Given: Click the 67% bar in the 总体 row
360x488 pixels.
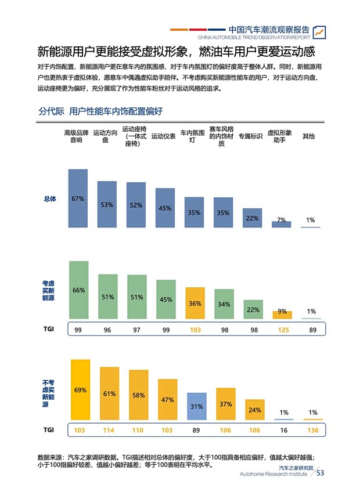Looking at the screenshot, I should coord(78,198).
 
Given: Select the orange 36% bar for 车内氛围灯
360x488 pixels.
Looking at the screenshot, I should coord(195,302).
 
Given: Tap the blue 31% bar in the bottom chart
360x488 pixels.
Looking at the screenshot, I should coord(196,406).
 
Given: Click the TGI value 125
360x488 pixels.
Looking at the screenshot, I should coord(282,329).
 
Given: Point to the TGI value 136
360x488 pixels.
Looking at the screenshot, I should coord(313,430).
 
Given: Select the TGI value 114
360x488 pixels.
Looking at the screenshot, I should coord(109,430).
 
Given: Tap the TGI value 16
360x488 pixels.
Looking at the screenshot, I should coord(284,430).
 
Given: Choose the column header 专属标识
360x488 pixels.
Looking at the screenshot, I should coord(250,136).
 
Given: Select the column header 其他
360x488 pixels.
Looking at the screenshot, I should coord(308,136).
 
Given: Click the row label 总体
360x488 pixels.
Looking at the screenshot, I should coord(50,199).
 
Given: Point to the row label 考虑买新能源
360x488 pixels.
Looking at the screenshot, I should coord(48,291).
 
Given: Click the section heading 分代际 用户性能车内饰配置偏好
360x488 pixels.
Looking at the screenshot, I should coord(100,110).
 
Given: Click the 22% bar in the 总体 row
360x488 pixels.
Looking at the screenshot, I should coord(252,218).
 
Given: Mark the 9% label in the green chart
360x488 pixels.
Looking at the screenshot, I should coord(282,312).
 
